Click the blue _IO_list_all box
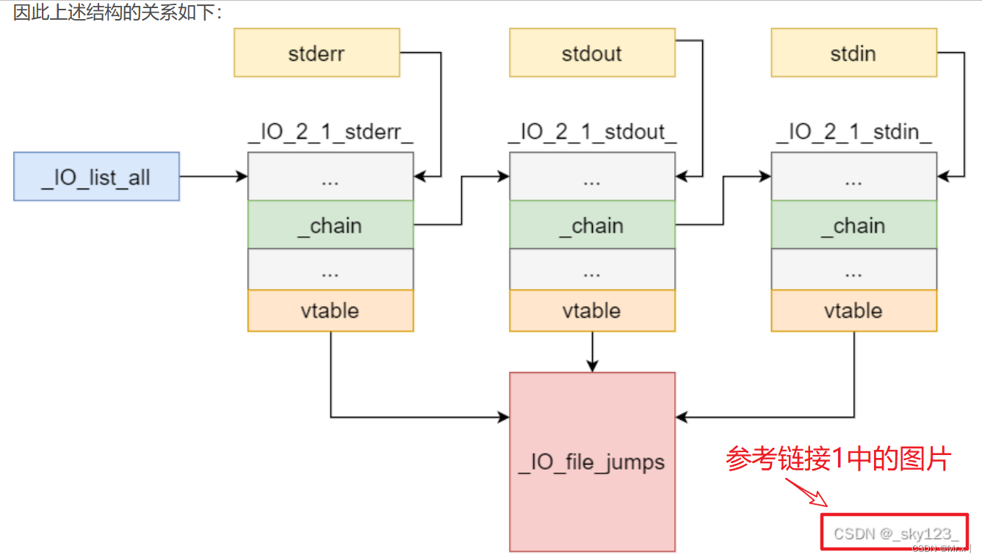96,176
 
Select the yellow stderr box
317,53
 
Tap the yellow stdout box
592,53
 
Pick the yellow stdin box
853,53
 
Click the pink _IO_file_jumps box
592,462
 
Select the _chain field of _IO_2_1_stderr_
331,225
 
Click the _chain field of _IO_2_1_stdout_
592,225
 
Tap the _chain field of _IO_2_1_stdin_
853,225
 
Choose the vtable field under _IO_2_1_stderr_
331,310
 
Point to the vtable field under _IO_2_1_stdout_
592,310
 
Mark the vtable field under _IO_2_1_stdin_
853,310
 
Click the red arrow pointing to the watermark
808,492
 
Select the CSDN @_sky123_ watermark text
895,534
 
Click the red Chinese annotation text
838,459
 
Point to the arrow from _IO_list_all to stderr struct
213,176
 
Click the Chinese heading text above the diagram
118,12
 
